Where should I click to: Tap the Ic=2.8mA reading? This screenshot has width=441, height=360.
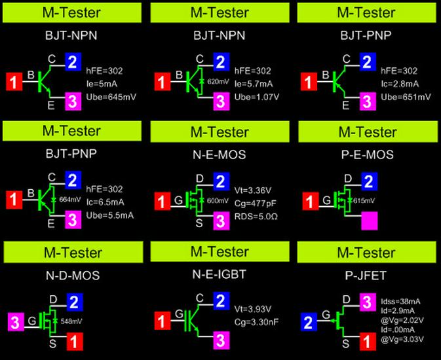click(400, 84)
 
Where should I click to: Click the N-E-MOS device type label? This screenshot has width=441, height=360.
click(221, 155)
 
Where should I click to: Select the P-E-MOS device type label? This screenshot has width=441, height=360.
click(367, 155)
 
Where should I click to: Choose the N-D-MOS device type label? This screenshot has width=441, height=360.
click(73, 275)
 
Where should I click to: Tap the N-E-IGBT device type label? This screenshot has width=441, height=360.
click(221, 275)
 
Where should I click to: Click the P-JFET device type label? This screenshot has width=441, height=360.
click(367, 275)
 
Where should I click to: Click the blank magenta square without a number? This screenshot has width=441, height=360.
click(370, 221)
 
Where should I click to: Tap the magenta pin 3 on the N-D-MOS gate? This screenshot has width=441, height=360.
click(16, 322)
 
